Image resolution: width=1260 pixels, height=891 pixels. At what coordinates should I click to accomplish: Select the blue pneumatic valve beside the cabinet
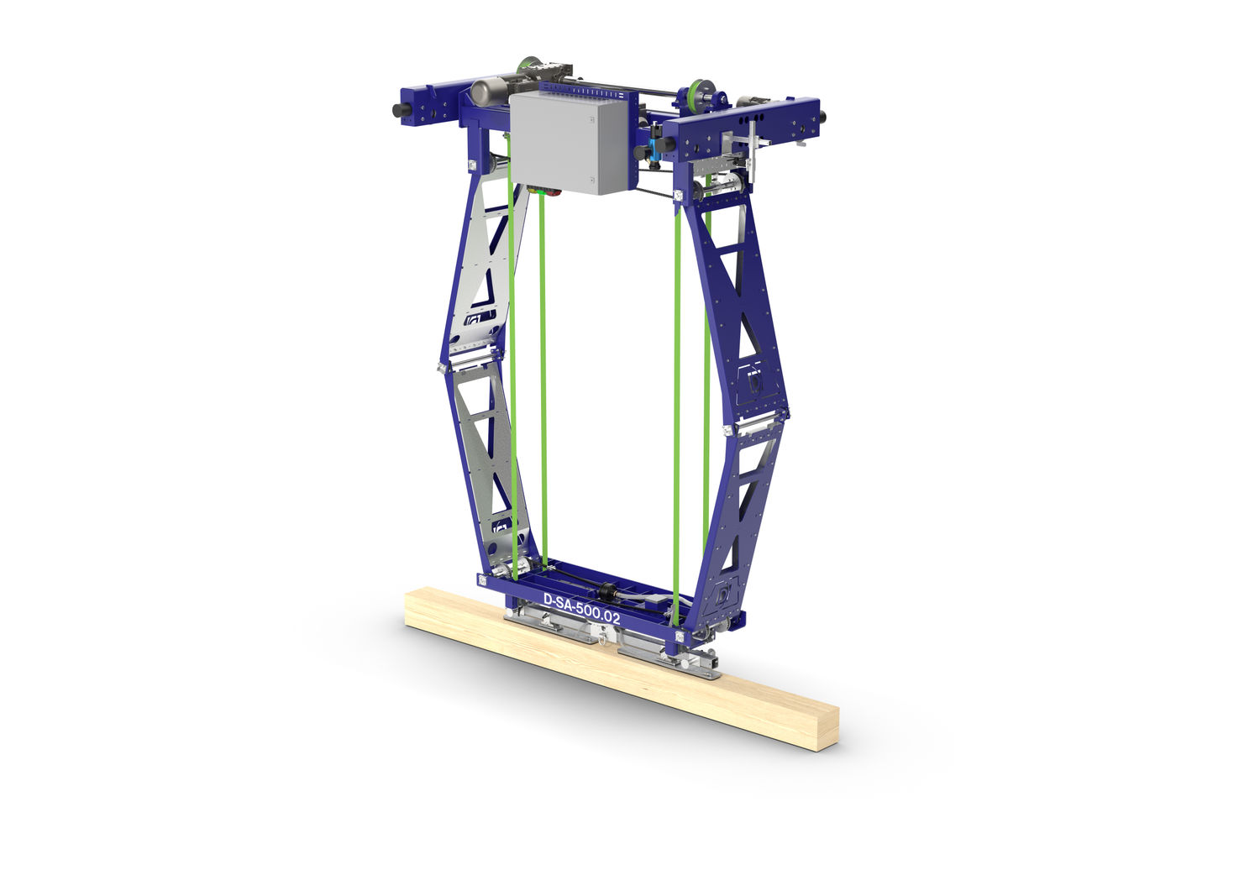point(649,152)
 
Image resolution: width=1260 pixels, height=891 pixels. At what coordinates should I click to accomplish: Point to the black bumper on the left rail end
point(396,110)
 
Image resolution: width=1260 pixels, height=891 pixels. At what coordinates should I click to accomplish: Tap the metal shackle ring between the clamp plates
point(603,640)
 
